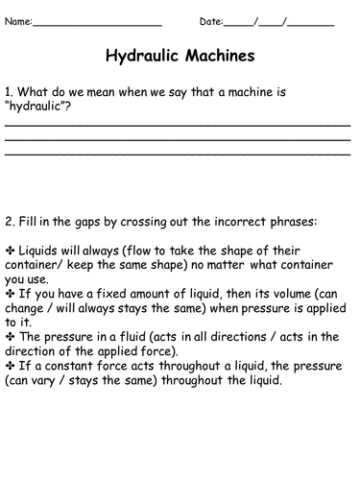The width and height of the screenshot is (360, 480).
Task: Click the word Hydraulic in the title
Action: (146, 56)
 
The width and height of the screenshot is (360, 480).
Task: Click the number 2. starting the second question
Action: (10, 222)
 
